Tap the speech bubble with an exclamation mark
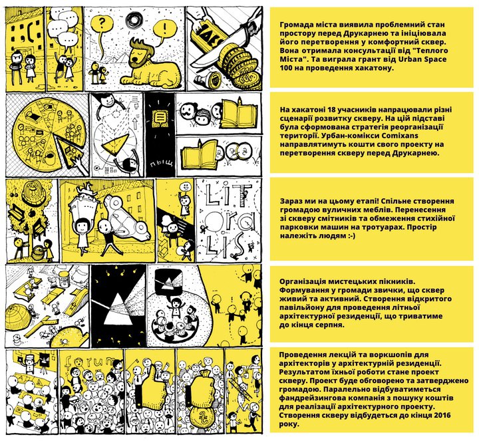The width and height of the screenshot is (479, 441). [x=165, y=29]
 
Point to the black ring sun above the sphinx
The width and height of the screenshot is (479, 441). [x=134, y=19]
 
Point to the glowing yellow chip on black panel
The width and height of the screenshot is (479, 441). [x=160, y=117]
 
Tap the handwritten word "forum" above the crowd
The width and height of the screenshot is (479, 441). [x=90, y=361]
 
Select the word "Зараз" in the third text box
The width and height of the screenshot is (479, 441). [x=291, y=202]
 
